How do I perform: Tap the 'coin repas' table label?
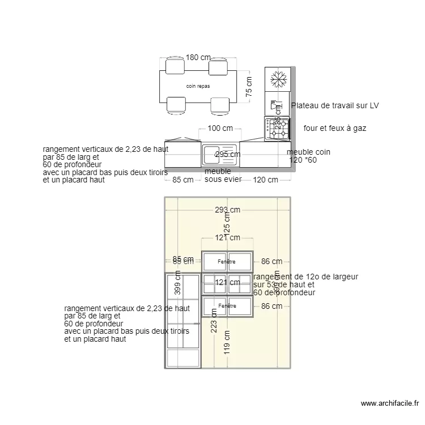198,86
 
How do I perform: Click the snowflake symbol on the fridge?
278,79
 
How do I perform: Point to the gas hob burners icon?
278,128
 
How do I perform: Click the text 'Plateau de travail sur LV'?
335,105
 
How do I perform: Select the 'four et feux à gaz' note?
335,129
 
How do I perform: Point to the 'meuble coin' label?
308,152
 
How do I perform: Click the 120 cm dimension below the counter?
265,180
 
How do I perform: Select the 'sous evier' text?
223,180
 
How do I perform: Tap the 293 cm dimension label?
227,210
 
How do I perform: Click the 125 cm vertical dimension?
227,222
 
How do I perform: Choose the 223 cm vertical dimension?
214,320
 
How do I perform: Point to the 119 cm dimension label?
227,342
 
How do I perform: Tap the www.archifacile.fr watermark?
390,404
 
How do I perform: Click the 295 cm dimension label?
227,154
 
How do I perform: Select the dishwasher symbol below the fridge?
277,105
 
